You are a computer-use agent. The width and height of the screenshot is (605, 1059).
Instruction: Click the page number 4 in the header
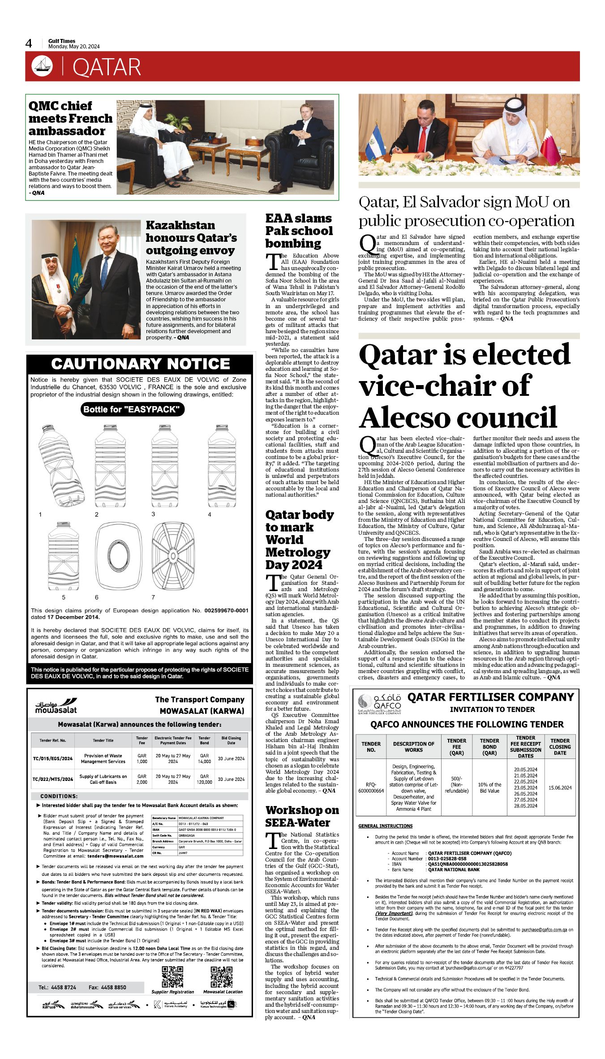pyautogui.click(x=29, y=43)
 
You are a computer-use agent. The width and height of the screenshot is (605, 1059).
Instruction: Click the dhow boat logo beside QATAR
pyautogui.click(x=42, y=66)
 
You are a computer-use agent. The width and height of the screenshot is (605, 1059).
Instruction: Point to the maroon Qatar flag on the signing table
pyautogui.click(x=550, y=146)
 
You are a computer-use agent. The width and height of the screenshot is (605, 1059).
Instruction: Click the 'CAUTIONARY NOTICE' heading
pyautogui.click(x=140, y=364)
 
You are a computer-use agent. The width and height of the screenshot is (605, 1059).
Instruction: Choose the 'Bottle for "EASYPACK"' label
pyautogui.click(x=133, y=409)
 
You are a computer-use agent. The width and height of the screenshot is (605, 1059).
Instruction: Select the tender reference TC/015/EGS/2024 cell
pyautogui.click(x=52, y=759)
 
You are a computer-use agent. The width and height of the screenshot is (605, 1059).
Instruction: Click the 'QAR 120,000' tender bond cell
pyautogui.click(x=204, y=779)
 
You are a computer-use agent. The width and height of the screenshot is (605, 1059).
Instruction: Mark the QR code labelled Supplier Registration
pyautogui.click(x=172, y=977)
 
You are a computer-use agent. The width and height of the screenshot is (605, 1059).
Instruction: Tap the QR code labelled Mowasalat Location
pyautogui.click(x=222, y=977)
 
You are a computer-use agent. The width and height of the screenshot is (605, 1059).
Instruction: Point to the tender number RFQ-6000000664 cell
pyautogui.click(x=371, y=788)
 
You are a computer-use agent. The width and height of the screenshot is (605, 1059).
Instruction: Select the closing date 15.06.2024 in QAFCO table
pyautogui.click(x=560, y=788)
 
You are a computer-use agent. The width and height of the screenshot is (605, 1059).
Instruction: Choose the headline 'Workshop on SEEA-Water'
pyautogui.click(x=302, y=816)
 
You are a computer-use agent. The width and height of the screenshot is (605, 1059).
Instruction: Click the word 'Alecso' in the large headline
pyautogui.click(x=414, y=417)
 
